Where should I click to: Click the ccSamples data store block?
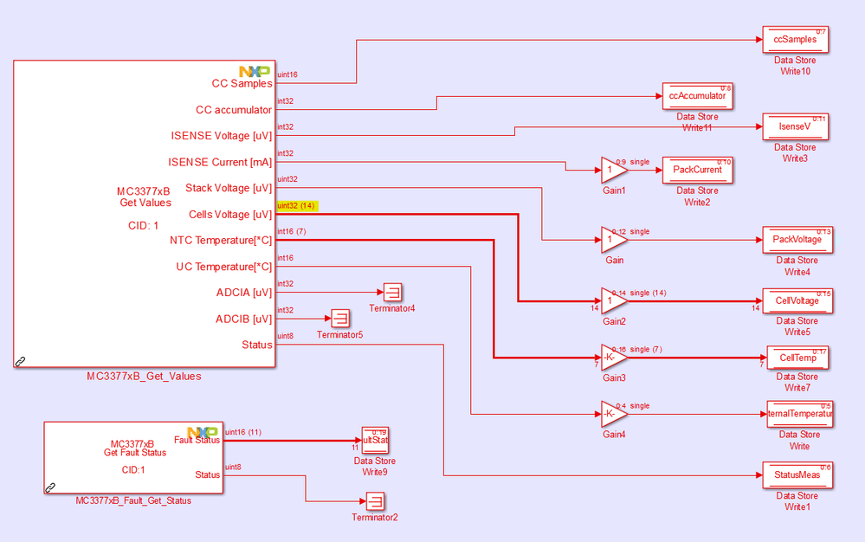[x=796, y=40]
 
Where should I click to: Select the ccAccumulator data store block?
[x=697, y=96]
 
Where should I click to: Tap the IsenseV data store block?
[x=796, y=127]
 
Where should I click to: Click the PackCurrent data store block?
[x=697, y=171]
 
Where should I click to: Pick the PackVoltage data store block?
[x=797, y=240]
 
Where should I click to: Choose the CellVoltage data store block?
[x=797, y=300]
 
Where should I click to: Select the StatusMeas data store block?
[x=797, y=475]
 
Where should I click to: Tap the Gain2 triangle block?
[x=612, y=300]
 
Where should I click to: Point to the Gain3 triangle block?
[x=612, y=358]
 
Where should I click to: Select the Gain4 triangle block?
[x=612, y=415]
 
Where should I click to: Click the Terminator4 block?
[x=392, y=292]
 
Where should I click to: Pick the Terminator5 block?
[x=339, y=318]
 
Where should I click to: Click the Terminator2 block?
[x=374, y=500]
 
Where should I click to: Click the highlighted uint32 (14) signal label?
[x=296, y=206]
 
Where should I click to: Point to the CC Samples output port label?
[x=242, y=84]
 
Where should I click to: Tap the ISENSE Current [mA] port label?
[x=219, y=162]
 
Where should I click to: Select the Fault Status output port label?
[x=197, y=440]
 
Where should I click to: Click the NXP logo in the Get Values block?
[x=255, y=71]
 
